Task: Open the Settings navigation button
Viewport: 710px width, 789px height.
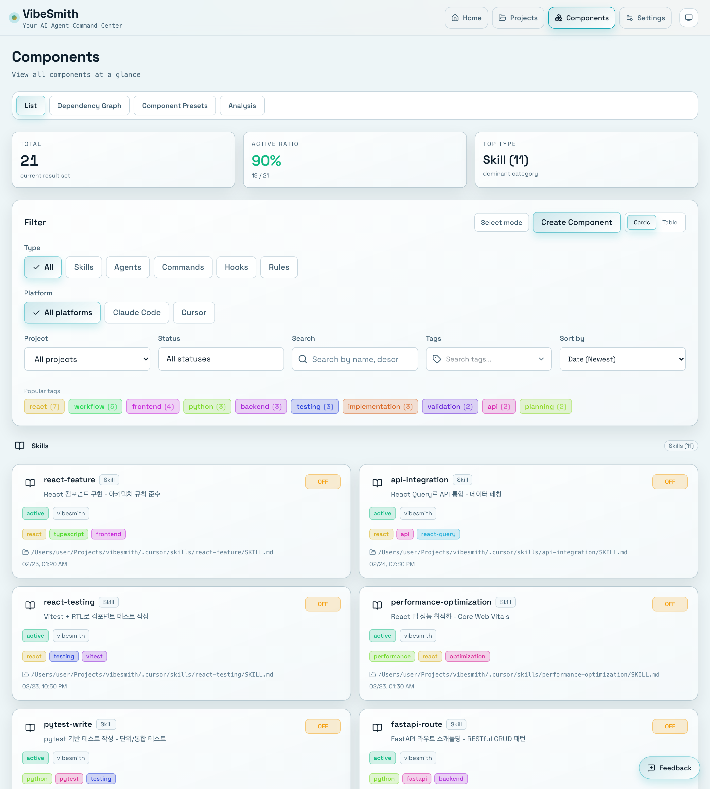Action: point(645,18)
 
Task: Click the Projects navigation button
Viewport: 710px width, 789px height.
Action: point(518,18)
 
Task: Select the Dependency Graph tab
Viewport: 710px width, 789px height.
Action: point(89,106)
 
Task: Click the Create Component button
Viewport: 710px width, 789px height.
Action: point(576,222)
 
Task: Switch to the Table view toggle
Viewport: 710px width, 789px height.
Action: point(669,222)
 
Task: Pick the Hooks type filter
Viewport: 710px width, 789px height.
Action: point(236,267)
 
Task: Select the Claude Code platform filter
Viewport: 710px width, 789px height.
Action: point(137,313)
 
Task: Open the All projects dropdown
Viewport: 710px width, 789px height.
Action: point(87,359)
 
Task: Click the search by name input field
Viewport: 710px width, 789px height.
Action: point(355,359)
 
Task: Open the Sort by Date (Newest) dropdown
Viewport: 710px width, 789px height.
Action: point(622,359)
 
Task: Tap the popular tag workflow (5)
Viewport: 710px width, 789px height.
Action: point(95,407)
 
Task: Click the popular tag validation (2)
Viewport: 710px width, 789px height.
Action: point(450,407)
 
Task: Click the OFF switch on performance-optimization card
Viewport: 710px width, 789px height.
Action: point(669,604)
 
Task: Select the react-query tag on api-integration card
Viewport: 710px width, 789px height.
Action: point(438,534)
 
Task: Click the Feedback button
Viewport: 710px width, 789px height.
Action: point(669,768)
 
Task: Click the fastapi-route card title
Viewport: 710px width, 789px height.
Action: point(416,724)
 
